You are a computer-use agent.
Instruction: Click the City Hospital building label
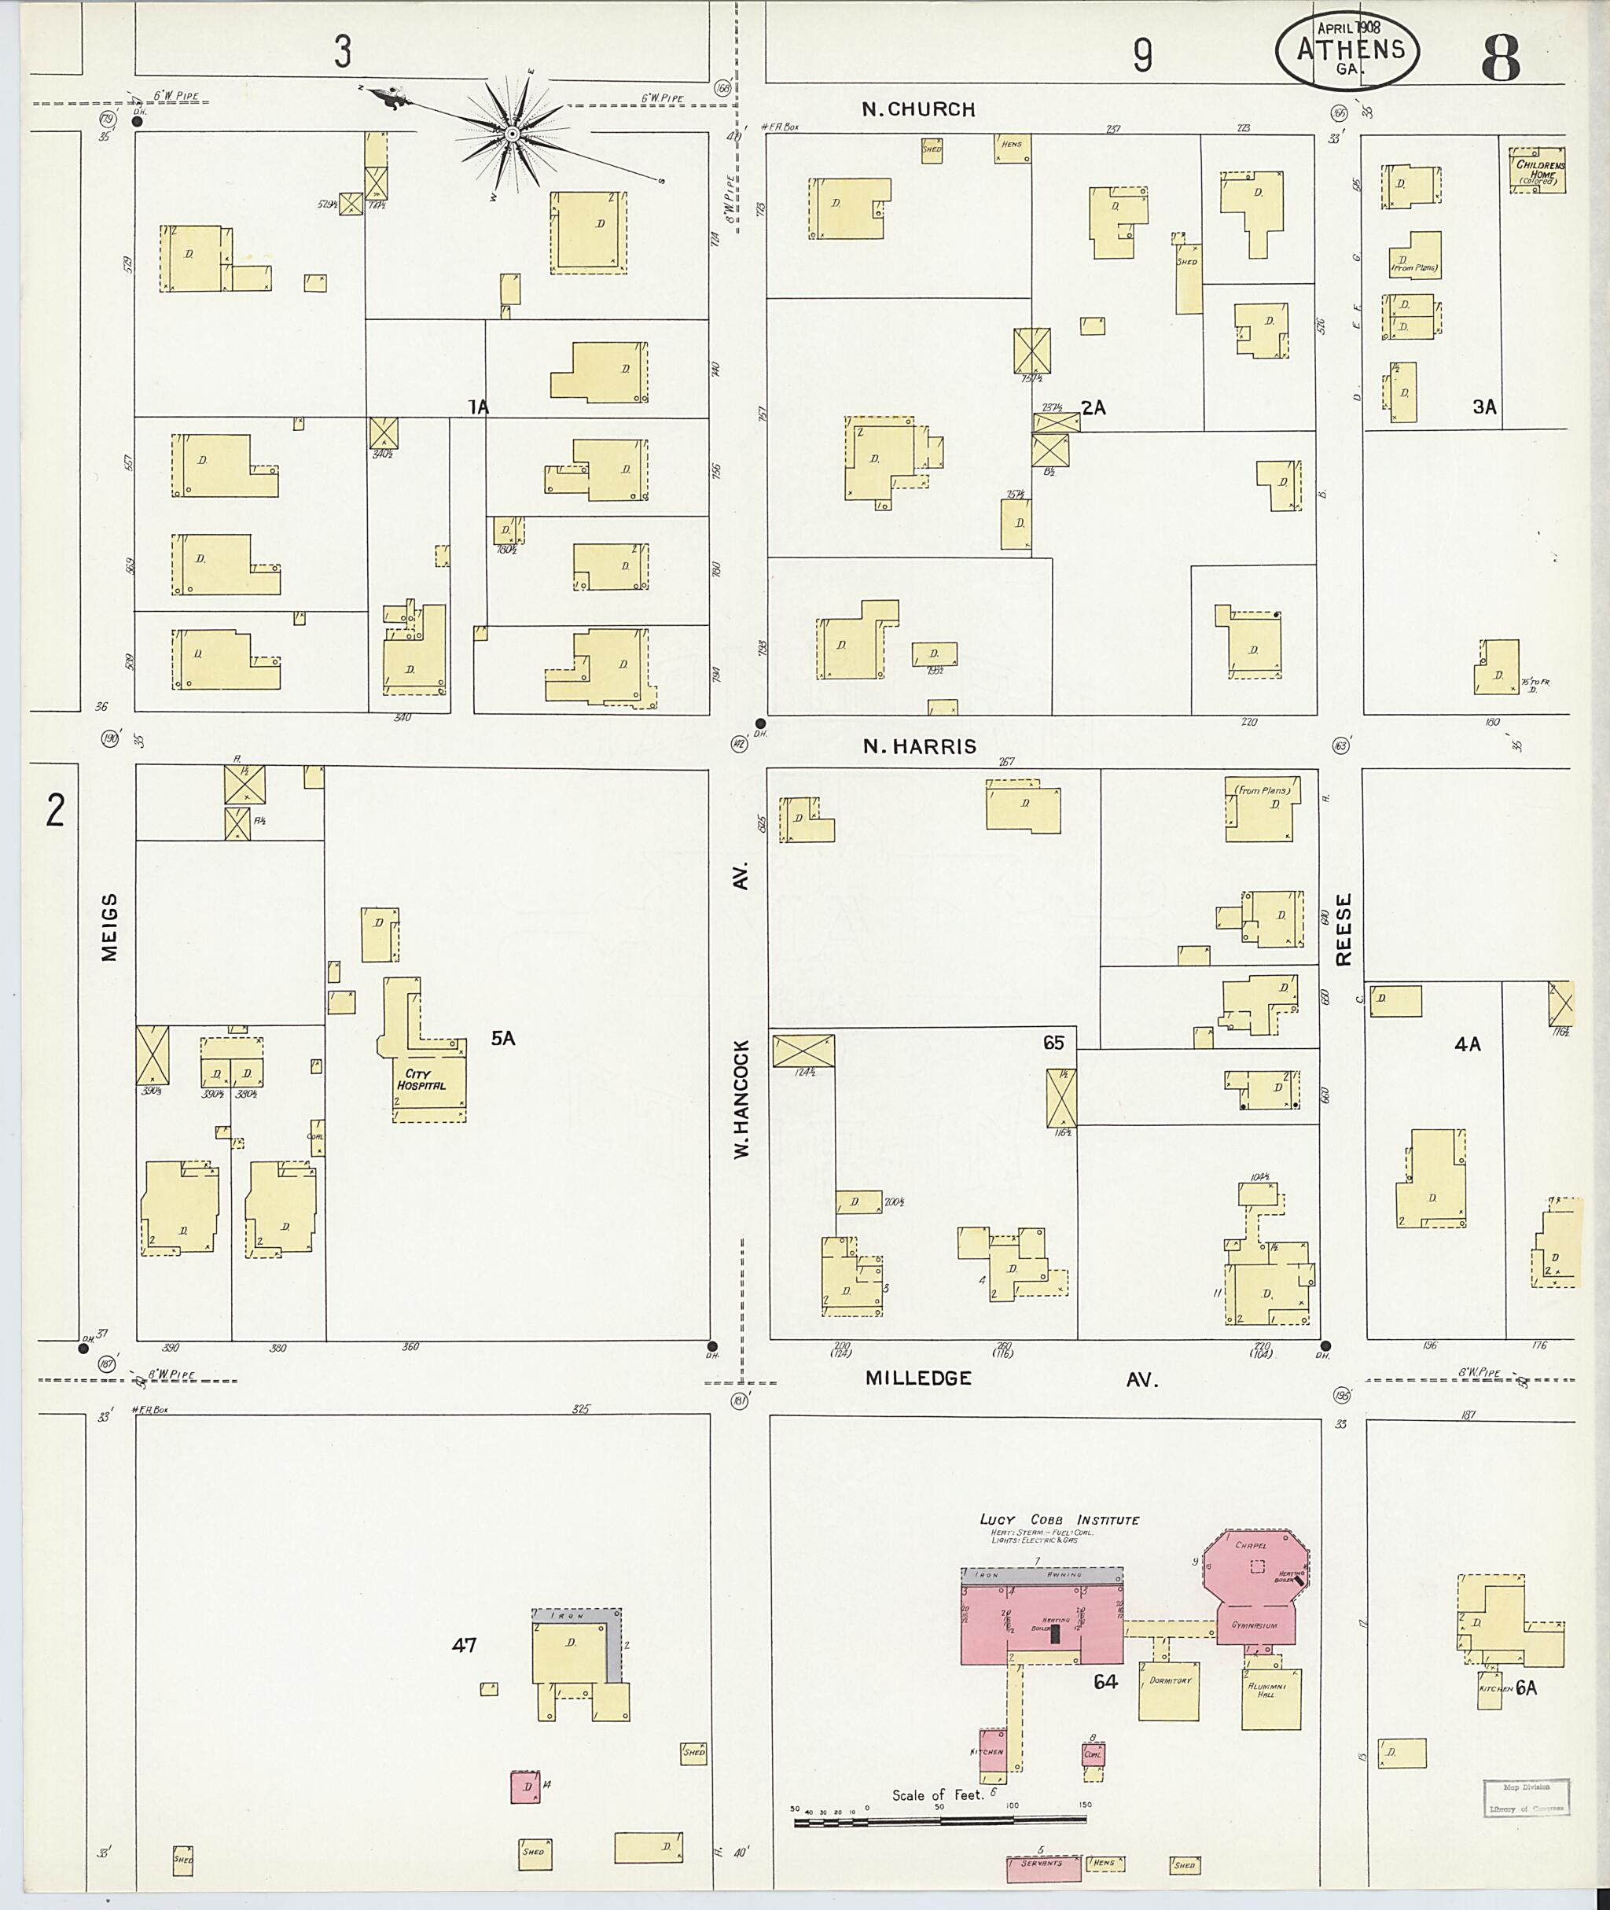coord(421,1080)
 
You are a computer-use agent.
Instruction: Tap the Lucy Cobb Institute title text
coord(1059,1520)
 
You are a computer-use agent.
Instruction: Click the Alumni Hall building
coord(1270,1697)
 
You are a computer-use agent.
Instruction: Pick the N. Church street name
coord(918,109)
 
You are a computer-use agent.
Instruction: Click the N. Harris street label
coord(919,747)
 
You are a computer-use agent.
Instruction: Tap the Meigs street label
coord(109,927)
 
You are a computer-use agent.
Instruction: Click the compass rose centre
coord(512,135)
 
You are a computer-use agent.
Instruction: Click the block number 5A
coord(503,1038)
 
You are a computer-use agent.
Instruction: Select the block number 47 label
coord(465,1645)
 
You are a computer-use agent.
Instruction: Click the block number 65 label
coord(1053,1043)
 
